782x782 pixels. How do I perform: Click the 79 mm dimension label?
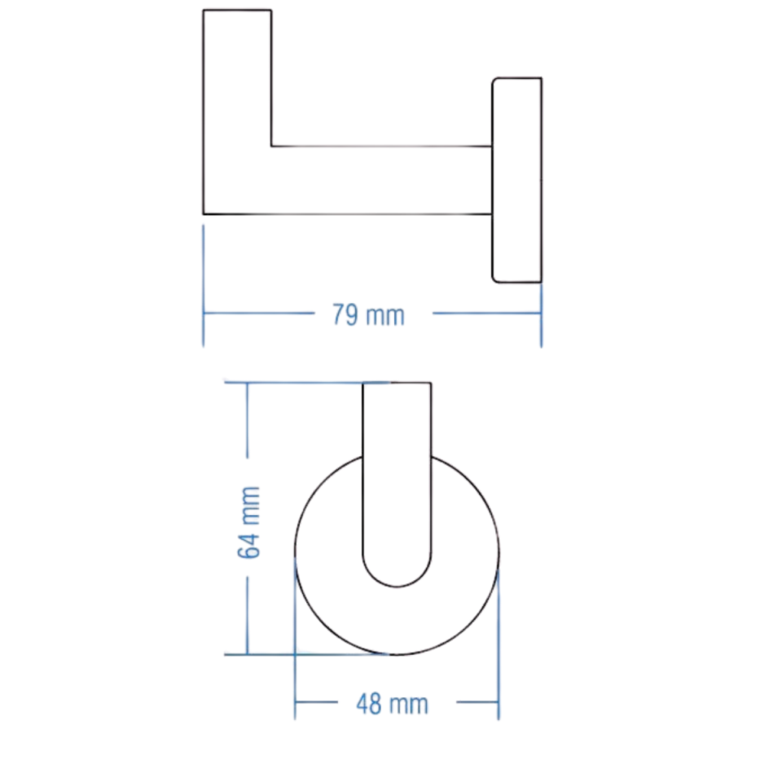click(x=368, y=315)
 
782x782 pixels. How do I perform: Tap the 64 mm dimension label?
click(x=249, y=522)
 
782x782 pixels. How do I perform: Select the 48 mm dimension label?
click(x=392, y=704)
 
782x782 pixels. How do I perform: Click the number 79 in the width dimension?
click(x=345, y=315)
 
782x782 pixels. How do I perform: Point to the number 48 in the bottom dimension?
click(x=370, y=704)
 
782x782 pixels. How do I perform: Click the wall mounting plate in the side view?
click(x=517, y=181)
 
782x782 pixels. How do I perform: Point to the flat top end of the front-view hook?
click(x=397, y=385)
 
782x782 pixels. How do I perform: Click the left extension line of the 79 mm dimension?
click(x=204, y=285)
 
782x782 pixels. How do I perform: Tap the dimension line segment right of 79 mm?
click(x=485, y=313)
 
